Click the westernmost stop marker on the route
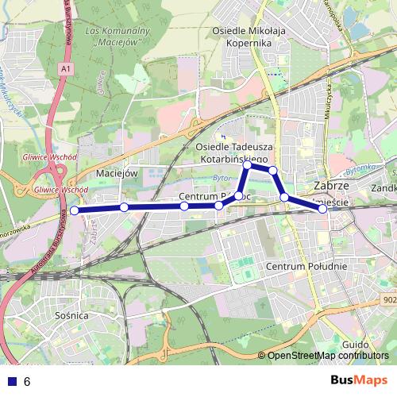(74, 210)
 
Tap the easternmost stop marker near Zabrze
(322, 210)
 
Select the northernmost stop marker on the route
(248, 164)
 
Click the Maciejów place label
(117, 172)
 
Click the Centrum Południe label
(306, 267)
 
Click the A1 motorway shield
(64, 69)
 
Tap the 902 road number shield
(389, 299)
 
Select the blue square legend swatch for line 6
(10, 381)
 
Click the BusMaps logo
(360, 380)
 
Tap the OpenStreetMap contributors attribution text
(328, 356)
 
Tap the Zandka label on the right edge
(384, 189)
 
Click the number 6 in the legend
(27, 382)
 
